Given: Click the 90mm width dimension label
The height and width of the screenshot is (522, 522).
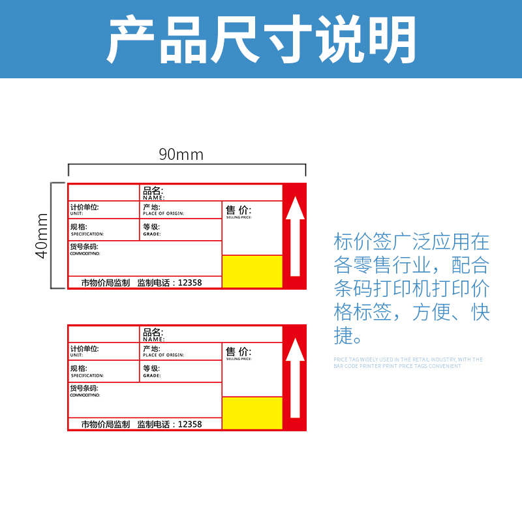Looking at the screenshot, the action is point(181,155).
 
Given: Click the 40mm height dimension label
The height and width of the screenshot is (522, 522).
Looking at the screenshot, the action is point(42,235).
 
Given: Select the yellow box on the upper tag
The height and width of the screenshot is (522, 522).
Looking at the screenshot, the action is point(253,271).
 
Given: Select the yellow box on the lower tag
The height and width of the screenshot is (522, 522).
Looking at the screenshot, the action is point(253,413).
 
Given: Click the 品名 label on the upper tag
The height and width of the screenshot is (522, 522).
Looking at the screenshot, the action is point(153,191).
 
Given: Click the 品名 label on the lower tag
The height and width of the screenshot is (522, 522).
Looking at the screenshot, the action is point(153,333).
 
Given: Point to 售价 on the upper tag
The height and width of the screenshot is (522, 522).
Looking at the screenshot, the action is point(238,210).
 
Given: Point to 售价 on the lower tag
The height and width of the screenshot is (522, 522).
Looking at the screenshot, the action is point(238,352).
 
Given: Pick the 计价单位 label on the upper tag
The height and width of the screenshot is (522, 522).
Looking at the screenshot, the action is point(85,207).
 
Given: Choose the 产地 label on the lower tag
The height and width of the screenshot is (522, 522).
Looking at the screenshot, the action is point(151,349).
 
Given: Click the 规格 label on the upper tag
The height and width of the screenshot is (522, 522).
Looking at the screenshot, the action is point(78,227).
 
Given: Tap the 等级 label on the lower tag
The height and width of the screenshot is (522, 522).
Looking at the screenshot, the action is point(151,369).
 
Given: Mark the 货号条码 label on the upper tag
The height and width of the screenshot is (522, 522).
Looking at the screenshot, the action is point(84,247).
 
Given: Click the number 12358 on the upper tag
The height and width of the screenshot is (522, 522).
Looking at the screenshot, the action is point(190,283).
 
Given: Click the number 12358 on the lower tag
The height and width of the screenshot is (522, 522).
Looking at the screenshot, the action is point(190,424).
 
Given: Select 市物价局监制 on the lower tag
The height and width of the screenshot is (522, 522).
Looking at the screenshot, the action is point(106,424).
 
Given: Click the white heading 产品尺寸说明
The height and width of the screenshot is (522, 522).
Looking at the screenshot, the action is point(261,39).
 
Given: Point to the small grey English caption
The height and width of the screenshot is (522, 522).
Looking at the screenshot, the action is point(408,363).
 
